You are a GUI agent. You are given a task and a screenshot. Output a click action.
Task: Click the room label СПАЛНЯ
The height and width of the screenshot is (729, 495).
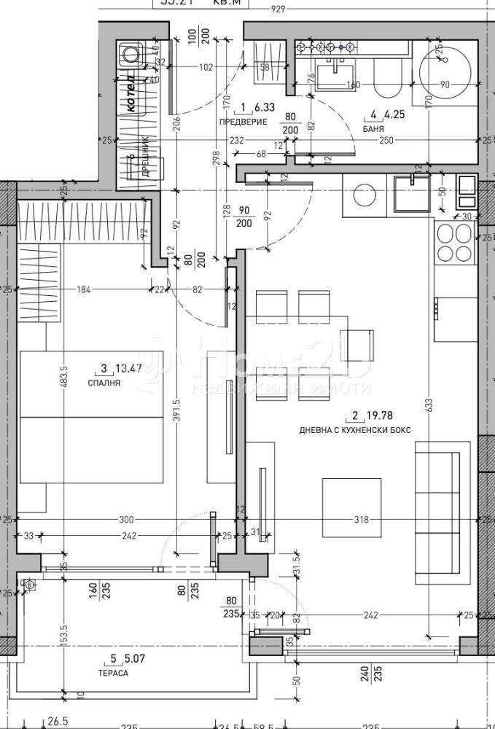(104, 381)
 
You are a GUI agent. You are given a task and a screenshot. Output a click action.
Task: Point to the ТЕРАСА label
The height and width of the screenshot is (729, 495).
(113, 673)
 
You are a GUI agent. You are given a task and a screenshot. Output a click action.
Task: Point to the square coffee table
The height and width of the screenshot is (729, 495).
(352, 507)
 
